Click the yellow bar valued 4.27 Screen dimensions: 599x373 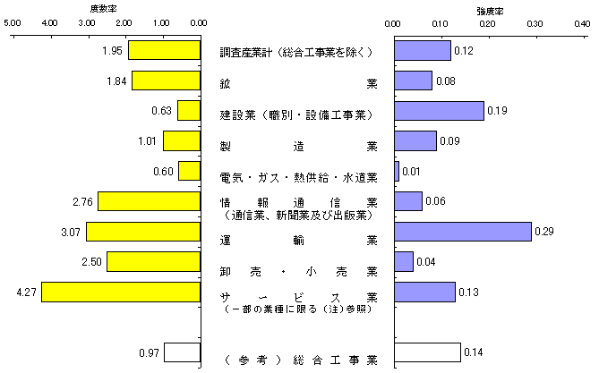tap(121, 292)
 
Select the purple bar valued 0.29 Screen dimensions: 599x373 tap(463, 232)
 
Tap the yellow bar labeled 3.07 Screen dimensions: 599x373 tap(143, 232)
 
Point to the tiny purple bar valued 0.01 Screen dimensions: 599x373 tap(397, 171)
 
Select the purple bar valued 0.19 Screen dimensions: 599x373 tap(439, 111)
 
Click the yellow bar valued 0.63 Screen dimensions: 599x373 tap(189, 111)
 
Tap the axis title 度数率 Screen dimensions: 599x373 tap(104, 8)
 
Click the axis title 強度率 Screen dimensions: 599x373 tap(490, 11)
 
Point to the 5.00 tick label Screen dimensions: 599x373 tap(13, 23)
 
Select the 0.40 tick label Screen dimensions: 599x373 tap(582, 23)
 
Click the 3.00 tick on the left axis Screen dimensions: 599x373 tap(89, 37)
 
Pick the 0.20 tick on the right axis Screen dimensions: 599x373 tap(490, 37)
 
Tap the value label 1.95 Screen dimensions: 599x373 tap(112, 51)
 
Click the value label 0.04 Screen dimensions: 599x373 tap(426, 262)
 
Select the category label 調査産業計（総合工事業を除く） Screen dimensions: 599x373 tap(296, 52)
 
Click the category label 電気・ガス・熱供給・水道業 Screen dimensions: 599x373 tap(298, 177)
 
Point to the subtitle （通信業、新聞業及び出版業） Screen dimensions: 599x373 tap(298, 216)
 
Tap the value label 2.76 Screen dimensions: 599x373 tap(83, 201)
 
